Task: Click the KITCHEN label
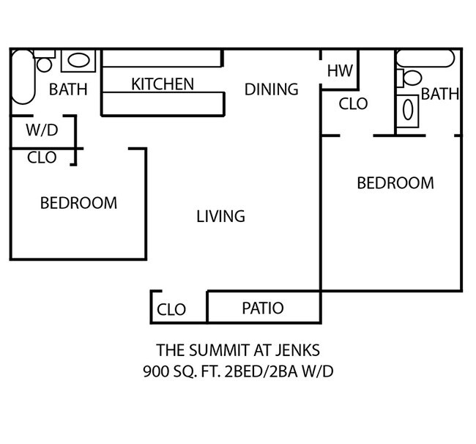(x=163, y=84)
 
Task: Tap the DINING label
(x=271, y=89)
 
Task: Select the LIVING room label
(x=220, y=216)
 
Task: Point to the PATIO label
(x=262, y=308)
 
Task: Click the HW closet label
(x=340, y=71)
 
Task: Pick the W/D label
(x=41, y=132)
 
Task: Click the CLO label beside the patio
(x=171, y=310)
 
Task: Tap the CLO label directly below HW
(x=353, y=105)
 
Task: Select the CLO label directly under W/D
(x=42, y=158)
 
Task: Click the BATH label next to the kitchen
(x=67, y=90)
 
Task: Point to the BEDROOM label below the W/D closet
(x=78, y=203)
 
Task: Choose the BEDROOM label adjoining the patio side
(x=395, y=183)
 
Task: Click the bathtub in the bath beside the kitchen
(x=22, y=78)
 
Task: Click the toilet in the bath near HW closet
(x=411, y=78)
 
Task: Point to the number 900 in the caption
(x=156, y=371)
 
